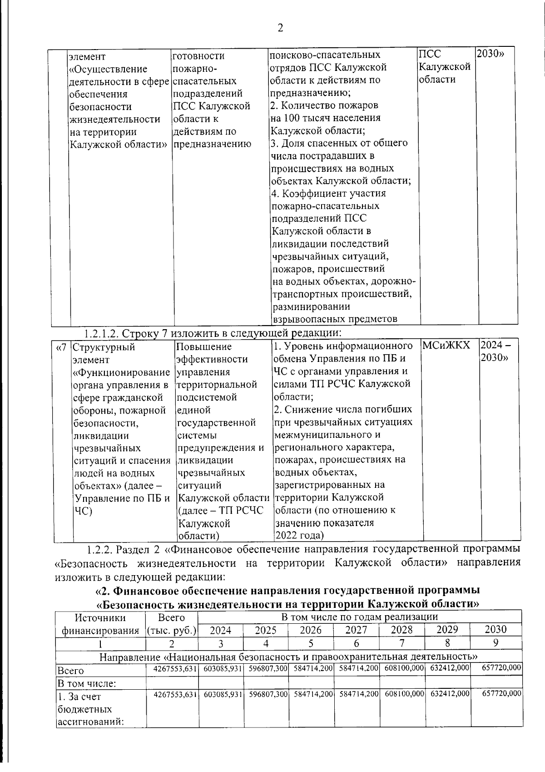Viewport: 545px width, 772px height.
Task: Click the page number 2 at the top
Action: (280, 28)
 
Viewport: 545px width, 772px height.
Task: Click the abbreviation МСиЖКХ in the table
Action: (446, 346)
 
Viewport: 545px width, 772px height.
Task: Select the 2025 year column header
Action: (266, 630)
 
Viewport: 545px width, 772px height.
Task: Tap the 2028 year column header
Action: (402, 630)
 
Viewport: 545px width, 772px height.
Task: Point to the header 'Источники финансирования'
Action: (100, 624)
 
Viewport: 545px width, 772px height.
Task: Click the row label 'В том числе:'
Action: (80, 683)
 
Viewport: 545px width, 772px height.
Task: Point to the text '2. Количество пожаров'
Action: (324, 105)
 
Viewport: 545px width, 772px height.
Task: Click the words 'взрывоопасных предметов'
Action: (335, 319)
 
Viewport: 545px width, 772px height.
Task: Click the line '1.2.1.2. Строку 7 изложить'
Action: (212, 333)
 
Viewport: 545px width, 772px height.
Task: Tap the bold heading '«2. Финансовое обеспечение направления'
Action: (287, 591)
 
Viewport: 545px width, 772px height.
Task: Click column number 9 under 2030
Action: (495, 643)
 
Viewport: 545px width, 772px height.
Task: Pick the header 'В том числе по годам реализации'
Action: (359, 617)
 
